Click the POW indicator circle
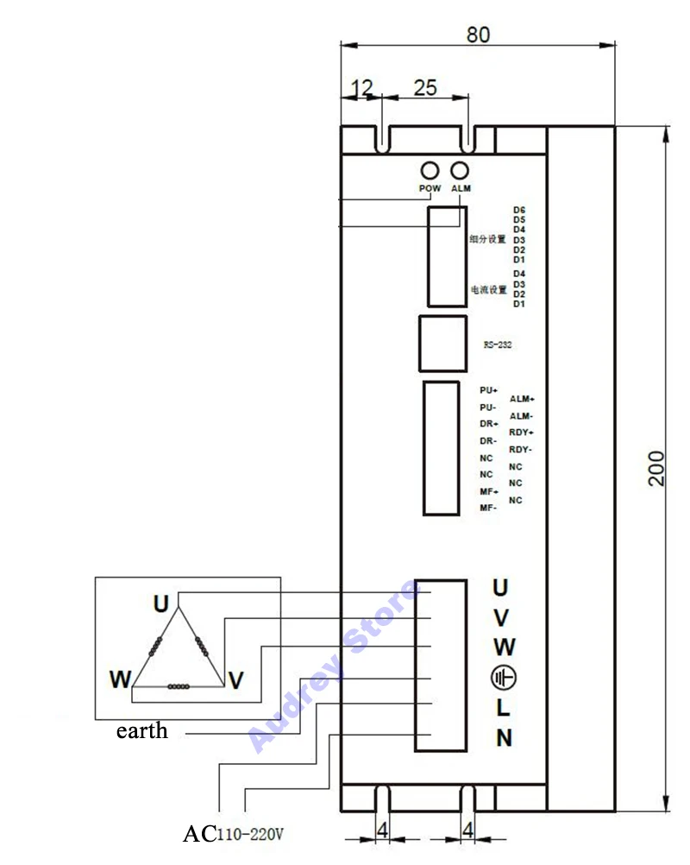point(430,170)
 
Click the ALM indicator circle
point(461,170)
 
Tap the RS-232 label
point(499,344)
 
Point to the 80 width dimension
point(478,35)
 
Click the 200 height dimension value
point(657,468)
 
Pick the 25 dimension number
point(425,87)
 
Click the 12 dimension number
point(363,87)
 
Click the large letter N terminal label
point(504,738)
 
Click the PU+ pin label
point(489,390)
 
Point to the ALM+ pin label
point(522,399)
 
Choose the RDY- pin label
point(520,450)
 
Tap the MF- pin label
point(488,508)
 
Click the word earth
point(142,731)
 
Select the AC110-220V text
point(233,835)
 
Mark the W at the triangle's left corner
point(119,679)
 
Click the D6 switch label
point(519,210)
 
